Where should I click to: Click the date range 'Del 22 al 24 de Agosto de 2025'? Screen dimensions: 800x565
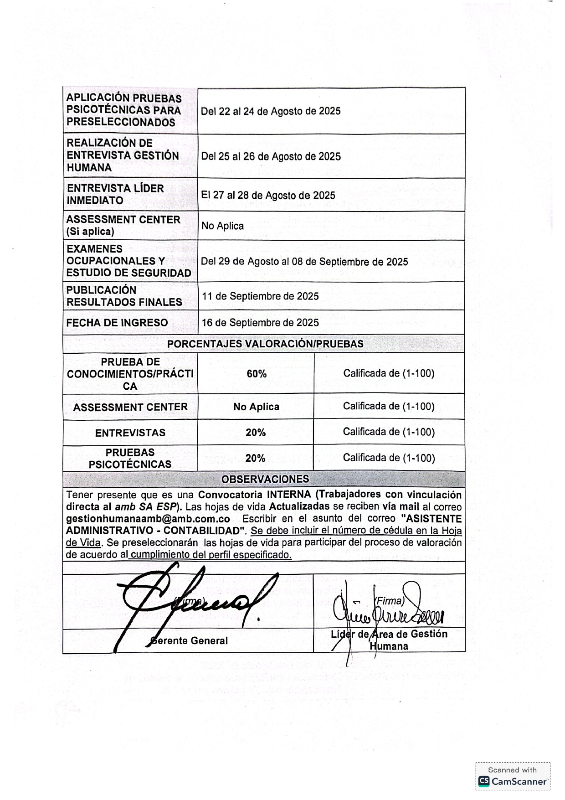point(271,111)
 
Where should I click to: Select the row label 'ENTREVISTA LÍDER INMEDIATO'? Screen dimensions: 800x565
point(115,194)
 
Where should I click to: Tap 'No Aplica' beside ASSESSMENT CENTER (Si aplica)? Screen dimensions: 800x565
point(222,226)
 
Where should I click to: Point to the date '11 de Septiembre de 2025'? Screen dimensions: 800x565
point(260,296)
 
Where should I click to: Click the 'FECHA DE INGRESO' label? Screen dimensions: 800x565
point(117,323)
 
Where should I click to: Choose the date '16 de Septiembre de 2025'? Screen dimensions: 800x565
point(260,323)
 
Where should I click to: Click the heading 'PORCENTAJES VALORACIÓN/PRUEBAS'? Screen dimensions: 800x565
point(265,344)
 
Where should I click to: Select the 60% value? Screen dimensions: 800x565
point(257,374)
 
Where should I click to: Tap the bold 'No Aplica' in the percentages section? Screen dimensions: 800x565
point(256,407)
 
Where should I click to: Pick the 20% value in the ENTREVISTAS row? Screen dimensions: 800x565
point(256,433)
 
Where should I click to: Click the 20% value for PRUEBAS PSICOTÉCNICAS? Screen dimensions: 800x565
point(255,459)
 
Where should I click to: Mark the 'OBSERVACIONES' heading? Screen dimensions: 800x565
point(265,480)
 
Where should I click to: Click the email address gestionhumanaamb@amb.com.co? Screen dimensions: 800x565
point(148,519)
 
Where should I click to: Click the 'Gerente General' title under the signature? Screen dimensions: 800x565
point(190,641)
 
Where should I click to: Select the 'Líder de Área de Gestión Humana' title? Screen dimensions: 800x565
point(389,640)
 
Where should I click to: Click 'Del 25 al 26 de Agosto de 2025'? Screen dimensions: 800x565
point(271,157)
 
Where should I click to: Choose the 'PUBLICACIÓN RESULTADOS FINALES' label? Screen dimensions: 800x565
point(124,296)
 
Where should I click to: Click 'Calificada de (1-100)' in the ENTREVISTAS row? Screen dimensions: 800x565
point(389,432)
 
